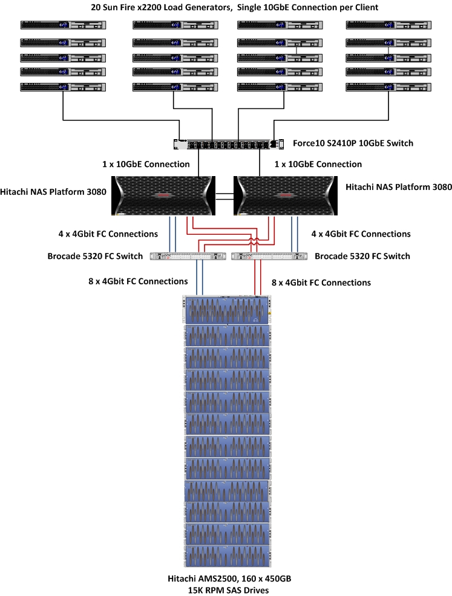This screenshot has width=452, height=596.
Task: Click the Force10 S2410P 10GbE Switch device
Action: point(225,145)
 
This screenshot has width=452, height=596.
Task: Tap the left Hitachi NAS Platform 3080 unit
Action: point(165,195)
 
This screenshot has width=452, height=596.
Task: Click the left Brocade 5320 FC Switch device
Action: point(188,256)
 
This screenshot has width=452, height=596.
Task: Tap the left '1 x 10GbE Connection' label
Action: point(146,164)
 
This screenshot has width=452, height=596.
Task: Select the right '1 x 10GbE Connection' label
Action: point(318,164)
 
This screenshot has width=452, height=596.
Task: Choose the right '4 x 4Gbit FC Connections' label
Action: point(361,234)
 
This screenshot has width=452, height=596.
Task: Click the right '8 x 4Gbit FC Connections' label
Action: point(321,283)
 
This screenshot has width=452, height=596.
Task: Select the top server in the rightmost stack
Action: point(388,25)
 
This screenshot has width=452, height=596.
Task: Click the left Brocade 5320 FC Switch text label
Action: point(95,256)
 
